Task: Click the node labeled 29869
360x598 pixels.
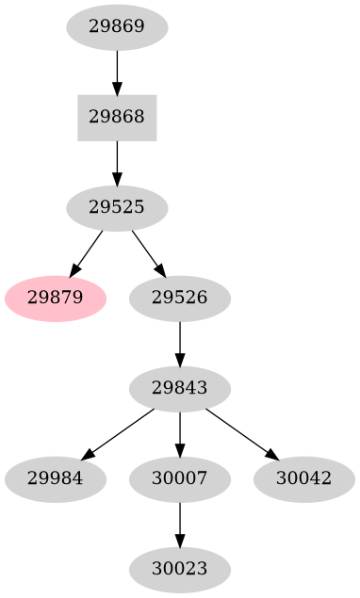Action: click(x=117, y=27)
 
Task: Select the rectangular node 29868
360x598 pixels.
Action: click(x=117, y=118)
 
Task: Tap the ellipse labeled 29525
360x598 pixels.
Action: click(x=117, y=208)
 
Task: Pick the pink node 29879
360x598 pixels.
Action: click(x=55, y=299)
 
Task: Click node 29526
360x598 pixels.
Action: click(x=179, y=299)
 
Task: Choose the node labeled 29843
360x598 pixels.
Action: click(x=179, y=388)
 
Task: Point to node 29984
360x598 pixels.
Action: click(x=55, y=478)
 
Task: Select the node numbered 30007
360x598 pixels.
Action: click(x=179, y=478)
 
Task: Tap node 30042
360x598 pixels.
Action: click(x=303, y=478)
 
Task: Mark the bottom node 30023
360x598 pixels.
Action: click(x=179, y=569)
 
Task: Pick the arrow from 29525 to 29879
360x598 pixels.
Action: click(x=87, y=252)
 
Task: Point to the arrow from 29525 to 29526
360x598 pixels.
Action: click(x=147, y=252)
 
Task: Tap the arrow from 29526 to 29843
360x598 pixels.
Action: click(x=179, y=343)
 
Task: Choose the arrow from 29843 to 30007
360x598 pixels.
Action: click(x=179, y=433)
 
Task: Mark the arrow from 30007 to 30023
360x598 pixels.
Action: click(x=179, y=524)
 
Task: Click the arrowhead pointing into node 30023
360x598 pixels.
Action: click(x=179, y=540)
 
